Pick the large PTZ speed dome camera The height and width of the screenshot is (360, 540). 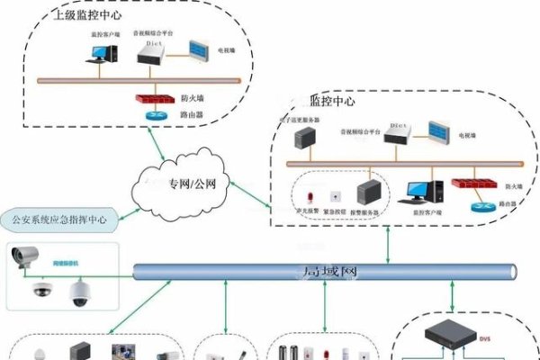point(76,291)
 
